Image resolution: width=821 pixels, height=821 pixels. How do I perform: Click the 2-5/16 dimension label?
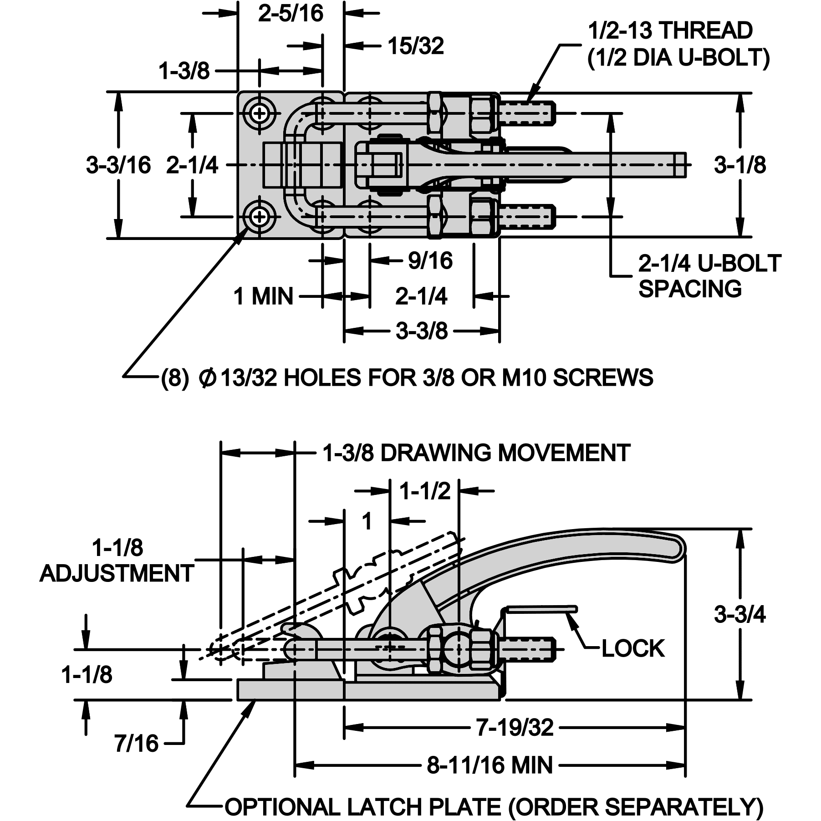coord(291,13)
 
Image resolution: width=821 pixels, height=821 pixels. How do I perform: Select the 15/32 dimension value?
coord(415,46)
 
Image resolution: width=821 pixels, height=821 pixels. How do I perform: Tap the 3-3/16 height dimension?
coord(118,164)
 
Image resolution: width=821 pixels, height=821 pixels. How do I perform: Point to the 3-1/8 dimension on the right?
coord(740,164)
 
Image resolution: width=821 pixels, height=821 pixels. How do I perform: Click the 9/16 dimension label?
coord(430,260)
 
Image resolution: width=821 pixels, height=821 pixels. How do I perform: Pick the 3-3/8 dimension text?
coord(422,331)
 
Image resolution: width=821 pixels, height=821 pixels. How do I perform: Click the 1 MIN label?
coord(263,296)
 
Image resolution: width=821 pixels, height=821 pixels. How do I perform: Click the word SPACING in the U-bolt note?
coord(690,289)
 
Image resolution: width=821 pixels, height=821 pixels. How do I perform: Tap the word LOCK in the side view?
coord(633,648)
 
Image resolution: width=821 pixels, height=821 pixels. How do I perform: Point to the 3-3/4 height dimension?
coord(740,614)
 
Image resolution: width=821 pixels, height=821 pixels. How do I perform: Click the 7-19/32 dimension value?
coord(515,727)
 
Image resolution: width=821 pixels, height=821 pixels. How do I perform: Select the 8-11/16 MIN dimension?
coord(490,765)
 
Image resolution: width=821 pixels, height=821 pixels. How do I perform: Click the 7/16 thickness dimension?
coord(136,744)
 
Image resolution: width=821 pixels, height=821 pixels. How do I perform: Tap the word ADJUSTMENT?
coord(117,573)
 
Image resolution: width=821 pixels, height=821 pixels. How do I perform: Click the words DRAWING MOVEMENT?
coord(505,453)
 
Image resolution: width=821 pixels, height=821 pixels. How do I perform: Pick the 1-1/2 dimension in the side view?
coord(424,491)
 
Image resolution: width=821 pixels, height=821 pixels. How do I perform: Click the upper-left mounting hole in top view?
coord(260,113)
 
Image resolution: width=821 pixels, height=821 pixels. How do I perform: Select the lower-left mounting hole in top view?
coord(260,217)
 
